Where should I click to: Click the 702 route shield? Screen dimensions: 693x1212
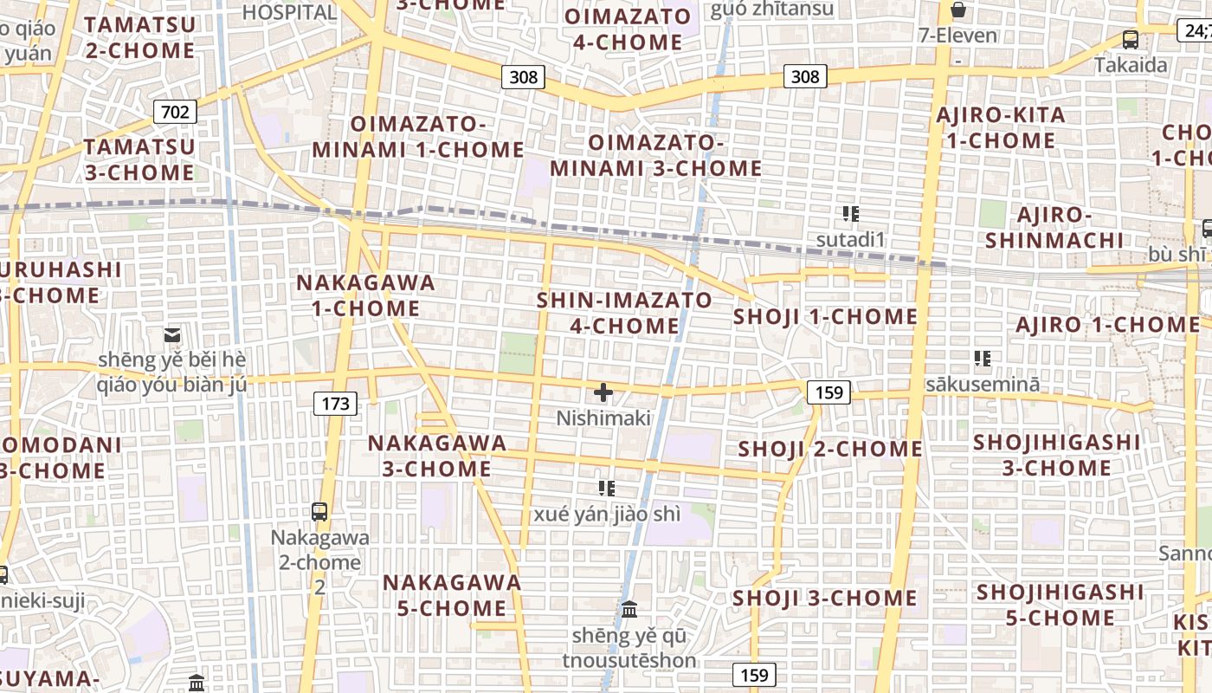(x=175, y=111)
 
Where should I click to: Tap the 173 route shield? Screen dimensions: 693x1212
(x=335, y=403)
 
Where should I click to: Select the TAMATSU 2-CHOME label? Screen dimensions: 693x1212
(x=140, y=37)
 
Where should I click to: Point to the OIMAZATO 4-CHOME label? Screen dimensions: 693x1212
(x=628, y=29)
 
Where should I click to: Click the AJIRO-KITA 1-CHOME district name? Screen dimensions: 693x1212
(x=1001, y=127)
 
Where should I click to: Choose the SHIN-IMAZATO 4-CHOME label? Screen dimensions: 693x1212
(x=624, y=313)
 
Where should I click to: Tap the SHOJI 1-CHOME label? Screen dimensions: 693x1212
(x=825, y=316)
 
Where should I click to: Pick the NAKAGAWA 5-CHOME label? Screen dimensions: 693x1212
(x=452, y=594)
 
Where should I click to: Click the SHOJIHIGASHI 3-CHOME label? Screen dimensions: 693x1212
(x=1057, y=455)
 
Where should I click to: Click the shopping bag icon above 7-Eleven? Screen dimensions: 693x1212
(x=958, y=10)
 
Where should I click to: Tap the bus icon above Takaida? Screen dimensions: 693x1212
(x=1130, y=39)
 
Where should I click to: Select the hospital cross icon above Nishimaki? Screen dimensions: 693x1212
(x=603, y=393)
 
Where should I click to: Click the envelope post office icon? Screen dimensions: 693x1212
(x=172, y=334)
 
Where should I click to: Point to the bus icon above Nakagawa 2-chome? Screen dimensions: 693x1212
(x=319, y=511)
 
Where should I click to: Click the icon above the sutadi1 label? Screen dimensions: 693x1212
(x=851, y=213)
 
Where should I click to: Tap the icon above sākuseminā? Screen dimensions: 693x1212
(x=982, y=358)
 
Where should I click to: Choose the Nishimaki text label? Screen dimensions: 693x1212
(x=603, y=418)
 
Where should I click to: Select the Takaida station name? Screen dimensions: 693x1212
(x=1131, y=65)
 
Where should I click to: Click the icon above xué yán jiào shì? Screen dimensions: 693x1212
(x=607, y=489)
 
